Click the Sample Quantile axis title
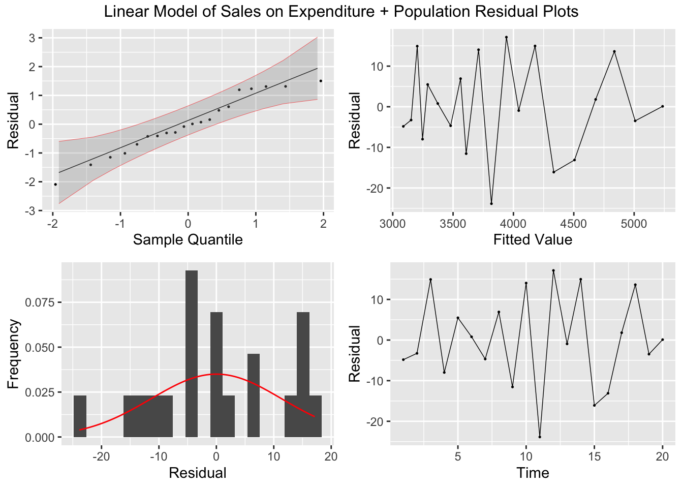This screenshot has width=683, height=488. [188, 239]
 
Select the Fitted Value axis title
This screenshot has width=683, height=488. [533, 239]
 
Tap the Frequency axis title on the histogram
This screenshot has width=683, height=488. [14, 354]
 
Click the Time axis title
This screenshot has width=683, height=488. [533, 473]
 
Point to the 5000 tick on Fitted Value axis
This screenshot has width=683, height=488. [634, 224]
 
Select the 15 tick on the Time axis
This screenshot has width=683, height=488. [594, 457]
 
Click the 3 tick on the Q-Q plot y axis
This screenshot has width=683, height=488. [32, 38]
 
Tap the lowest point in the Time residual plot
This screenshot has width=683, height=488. [540, 437]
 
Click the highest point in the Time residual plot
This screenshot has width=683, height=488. [553, 270]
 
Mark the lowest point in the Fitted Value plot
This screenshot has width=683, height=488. [491, 203]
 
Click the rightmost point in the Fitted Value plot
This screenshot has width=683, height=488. [663, 106]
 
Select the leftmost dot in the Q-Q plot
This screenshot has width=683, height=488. [55, 184]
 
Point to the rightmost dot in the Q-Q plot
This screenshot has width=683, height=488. [321, 81]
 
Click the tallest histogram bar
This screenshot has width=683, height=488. [192, 353]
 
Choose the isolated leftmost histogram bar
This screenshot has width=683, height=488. [80, 416]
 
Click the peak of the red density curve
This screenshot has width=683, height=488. [216, 374]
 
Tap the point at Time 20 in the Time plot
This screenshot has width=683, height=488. [663, 340]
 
